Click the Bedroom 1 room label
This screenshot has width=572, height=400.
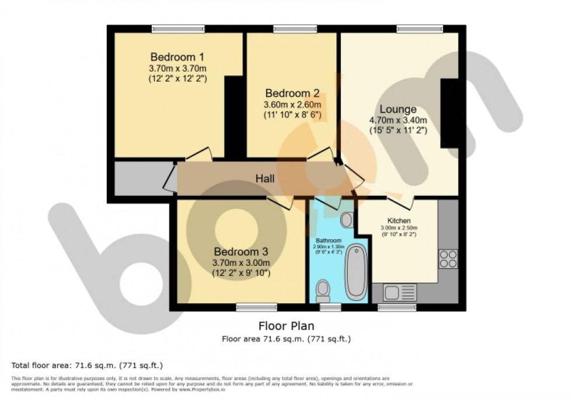click(177, 57)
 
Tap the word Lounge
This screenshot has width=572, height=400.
click(398, 109)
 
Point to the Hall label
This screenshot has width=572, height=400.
click(264, 178)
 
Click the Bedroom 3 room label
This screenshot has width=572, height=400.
click(240, 252)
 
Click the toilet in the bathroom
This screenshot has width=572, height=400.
click(322, 289)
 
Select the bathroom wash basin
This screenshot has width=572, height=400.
click(346, 220)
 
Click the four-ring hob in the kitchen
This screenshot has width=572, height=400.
click(448, 258)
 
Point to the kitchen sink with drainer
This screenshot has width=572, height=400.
click(399, 292)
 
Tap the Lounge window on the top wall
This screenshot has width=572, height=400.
click(419, 28)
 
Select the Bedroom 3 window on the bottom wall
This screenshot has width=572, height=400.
click(256, 307)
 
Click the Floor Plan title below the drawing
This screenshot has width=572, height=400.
click(286, 326)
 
